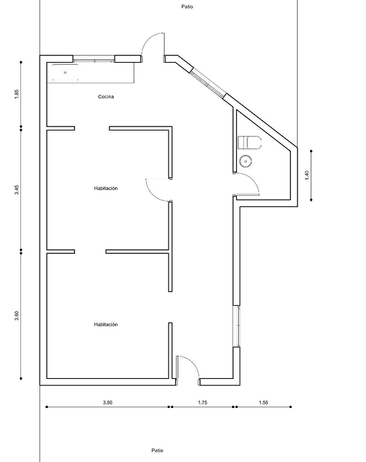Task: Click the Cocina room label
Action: tap(106, 97)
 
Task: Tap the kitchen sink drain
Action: tap(65, 72)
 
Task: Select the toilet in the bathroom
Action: tap(249, 142)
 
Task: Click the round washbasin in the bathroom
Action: tap(246, 161)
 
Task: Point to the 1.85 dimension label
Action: tap(16, 94)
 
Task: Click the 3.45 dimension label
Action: tap(16, 189)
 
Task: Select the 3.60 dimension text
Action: tap(16, 316)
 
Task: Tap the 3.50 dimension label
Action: tap(108, 403)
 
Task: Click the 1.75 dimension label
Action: tap(202, 403)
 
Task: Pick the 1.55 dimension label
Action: tap(263, 403)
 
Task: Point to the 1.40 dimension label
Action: tap(307, 175)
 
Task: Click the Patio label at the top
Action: tap(187, 7)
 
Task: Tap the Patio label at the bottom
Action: tap(157, 450)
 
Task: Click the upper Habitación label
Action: tap(106, 188)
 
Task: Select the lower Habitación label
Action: tap(106, 324)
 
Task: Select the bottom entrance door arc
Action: tap(192, 362)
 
